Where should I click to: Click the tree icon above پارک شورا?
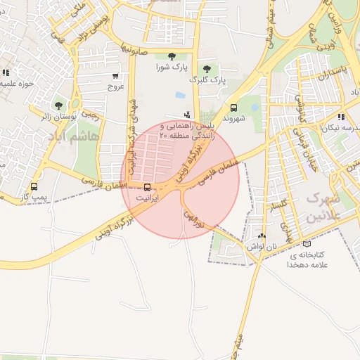(x=172, y=56)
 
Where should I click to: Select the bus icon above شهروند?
(x=233, y=108)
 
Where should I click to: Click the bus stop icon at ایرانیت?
(x=147, y=187)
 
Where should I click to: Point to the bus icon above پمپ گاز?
(x=34, y=186)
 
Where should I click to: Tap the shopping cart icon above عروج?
(x=115, y=76)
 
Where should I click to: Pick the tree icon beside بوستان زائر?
(x=58, y=105)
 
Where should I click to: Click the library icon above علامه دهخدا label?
(x=306, y=244)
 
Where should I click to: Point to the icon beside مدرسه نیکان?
(x=341, y=117)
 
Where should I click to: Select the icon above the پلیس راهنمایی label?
(x=186, y=114)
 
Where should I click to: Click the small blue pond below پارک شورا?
(x=181, y=95)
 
